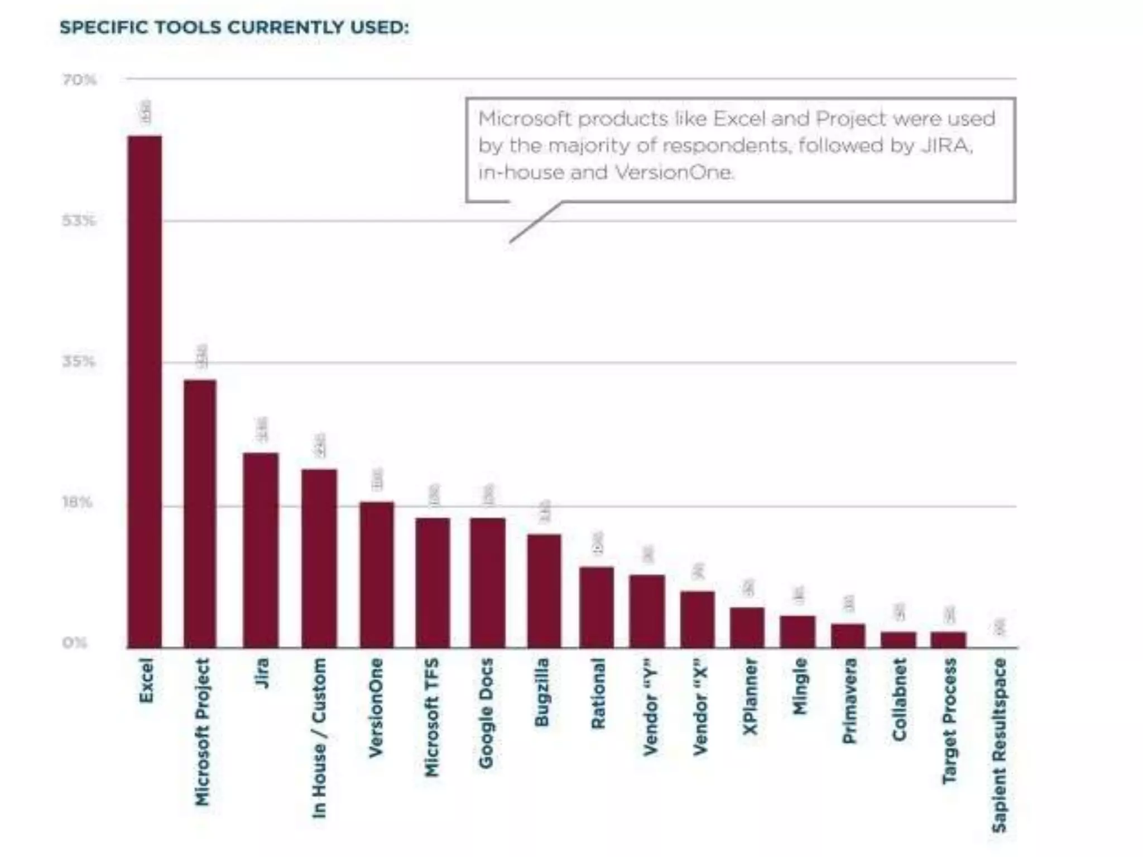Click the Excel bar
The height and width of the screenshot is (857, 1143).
tap(145, 391)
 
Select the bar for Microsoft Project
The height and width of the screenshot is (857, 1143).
tap(200, 513)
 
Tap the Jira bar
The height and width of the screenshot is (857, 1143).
tap(261, 550)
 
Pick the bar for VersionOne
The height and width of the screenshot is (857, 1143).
tap(377, 575)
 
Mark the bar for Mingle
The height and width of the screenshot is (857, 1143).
tap(798, 632)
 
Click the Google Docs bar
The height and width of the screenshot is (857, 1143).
tap(488, 582)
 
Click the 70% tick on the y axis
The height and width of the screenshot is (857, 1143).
tap(79, 80)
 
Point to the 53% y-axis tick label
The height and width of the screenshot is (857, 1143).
tap(79, 222)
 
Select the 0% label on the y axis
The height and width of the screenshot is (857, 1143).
tap(75, 643)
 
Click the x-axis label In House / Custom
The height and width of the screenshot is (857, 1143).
tap(319, 738)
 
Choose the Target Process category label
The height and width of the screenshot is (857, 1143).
tap(949, 720)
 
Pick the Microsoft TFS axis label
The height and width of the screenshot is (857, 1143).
tap(431, 717)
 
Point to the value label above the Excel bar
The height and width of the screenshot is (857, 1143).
tap(146, 112)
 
